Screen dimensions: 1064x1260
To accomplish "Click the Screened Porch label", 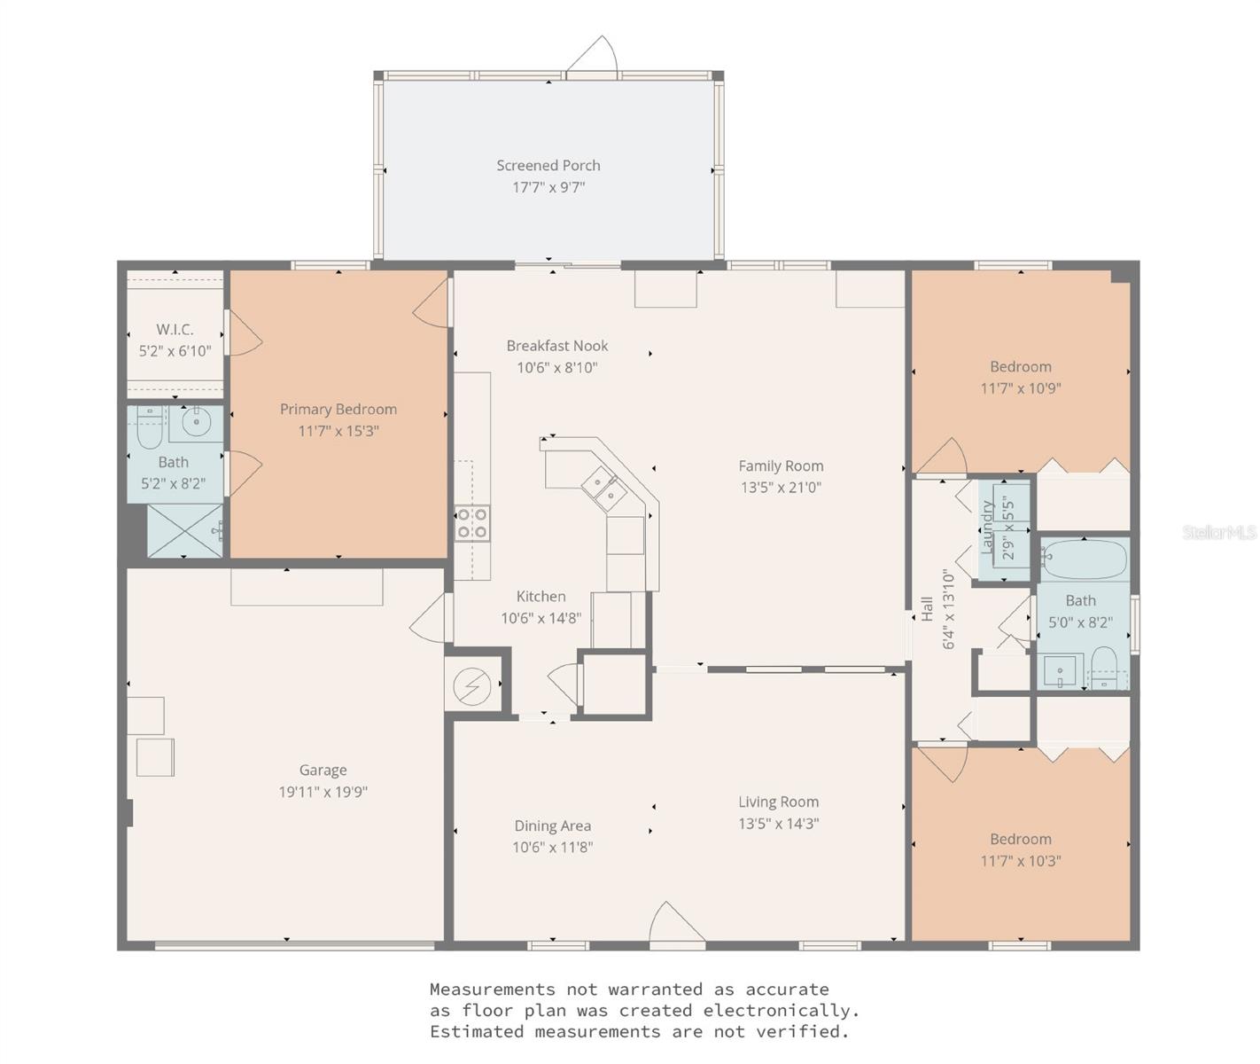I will [548, 166].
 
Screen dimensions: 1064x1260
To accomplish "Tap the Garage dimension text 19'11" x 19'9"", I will [323, 792].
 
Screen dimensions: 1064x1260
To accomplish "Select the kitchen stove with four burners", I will [472, 523].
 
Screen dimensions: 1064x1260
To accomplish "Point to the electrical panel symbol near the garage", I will [467, 685].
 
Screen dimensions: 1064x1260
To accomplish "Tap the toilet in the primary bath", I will [149, 429].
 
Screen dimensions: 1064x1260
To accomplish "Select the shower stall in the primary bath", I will [183, 530].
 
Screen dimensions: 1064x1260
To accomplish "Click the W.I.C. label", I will [175, 329].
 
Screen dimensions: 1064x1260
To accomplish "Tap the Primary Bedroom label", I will [338, 409].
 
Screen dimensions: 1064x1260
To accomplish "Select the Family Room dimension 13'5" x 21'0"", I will [781, 487].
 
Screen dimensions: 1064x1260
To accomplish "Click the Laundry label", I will [987, 528].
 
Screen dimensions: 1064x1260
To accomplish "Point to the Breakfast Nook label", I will [556, 346].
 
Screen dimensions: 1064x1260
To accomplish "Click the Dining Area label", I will [552, 825].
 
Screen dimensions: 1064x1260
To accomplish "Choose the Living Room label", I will [778, 802].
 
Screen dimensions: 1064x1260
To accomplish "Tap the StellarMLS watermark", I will [1220, 532].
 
